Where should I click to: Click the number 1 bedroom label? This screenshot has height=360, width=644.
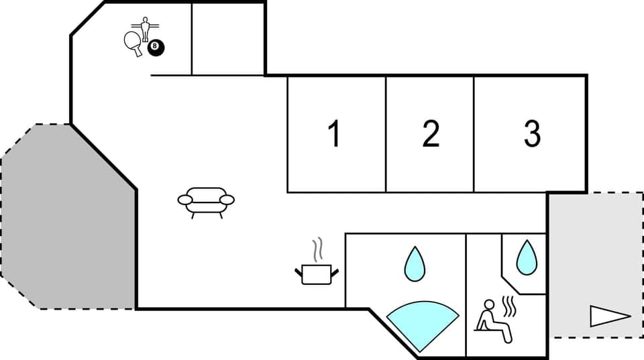coord(333,134)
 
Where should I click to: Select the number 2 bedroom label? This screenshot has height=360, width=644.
coord(431,134)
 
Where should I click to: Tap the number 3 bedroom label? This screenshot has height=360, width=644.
coord(532,134)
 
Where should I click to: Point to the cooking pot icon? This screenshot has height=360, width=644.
coord(317,274)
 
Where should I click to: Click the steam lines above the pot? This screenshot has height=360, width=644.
coord(318,249)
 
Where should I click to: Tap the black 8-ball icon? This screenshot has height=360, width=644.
coord(156,48)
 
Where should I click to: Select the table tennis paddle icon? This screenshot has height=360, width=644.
coord(133,42)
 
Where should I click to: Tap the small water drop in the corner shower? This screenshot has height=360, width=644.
coord(527,257)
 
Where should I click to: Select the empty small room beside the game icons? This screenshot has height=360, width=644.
coord(228,39)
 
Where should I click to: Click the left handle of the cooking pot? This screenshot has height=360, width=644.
coord(298,271)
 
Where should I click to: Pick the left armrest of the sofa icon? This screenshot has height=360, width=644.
coord(185,199)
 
